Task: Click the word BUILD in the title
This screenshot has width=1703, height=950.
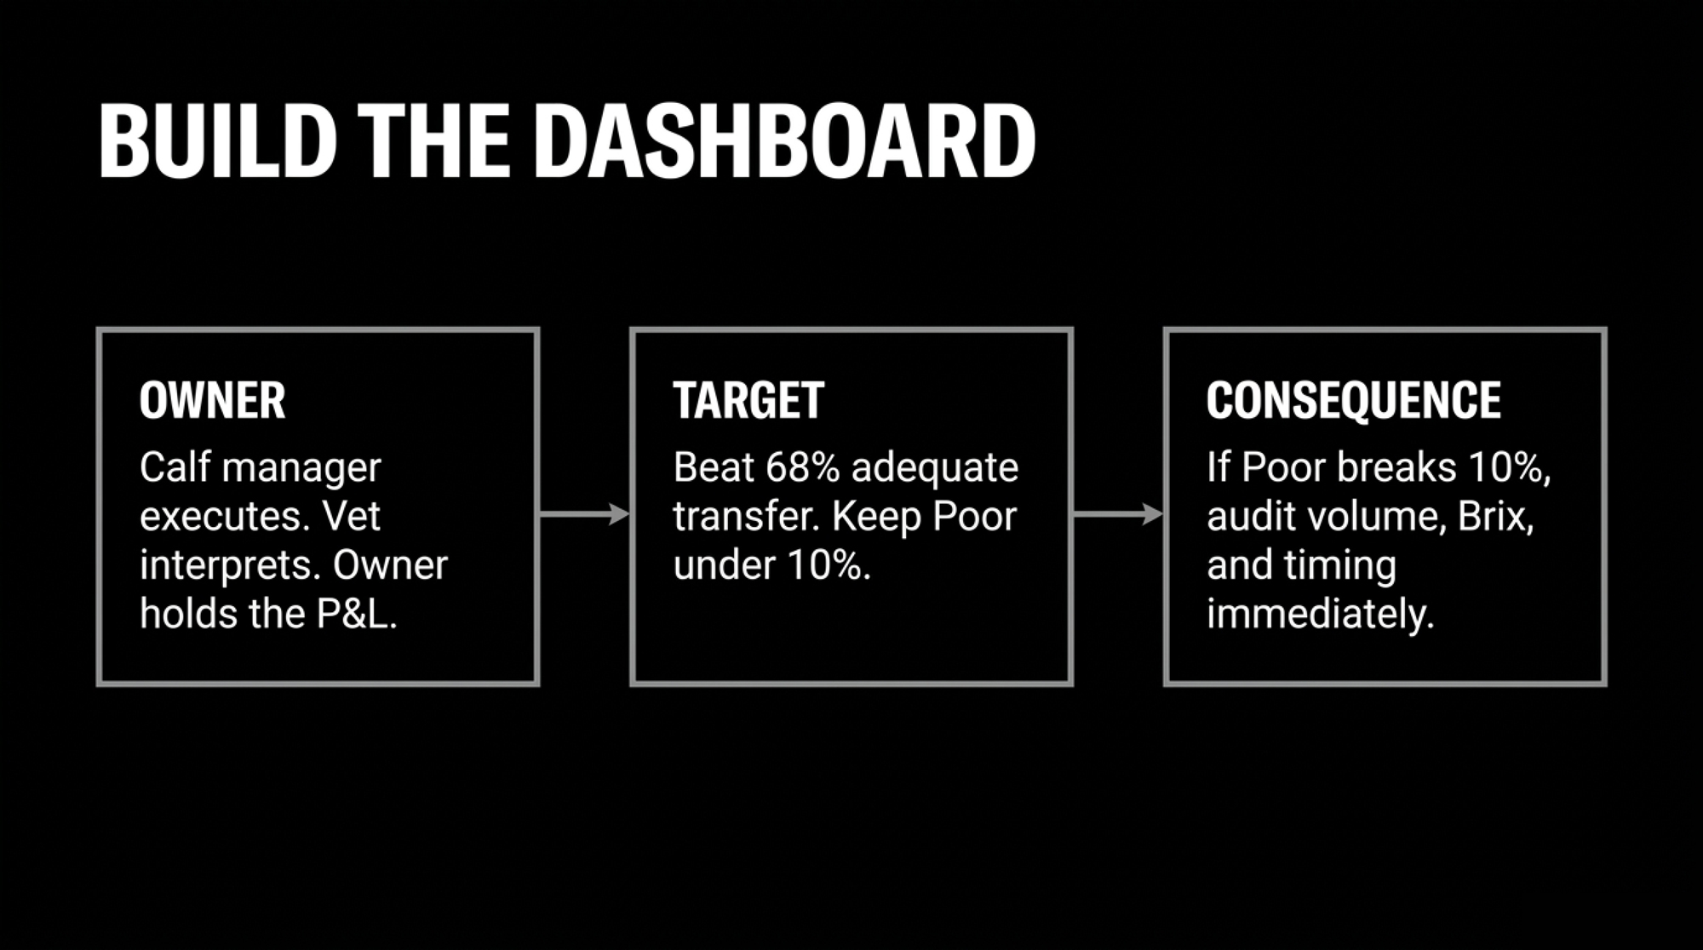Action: pos(218,140)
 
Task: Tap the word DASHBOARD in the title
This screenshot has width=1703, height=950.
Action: pos(784,140)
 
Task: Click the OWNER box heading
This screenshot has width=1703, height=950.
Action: pos(212,400)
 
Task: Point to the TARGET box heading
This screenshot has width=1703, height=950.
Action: pos(748,400)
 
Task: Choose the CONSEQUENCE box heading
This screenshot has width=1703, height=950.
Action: pos(1353,400)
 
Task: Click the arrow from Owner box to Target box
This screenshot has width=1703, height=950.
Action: pos(584,514)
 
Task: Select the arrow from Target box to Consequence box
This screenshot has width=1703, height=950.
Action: pos(1118,514)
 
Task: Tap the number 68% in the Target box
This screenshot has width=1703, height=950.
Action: pos(803,467)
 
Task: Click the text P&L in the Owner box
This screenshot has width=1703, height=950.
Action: pos(357,614)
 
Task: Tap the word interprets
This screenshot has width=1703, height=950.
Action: pos(230,565)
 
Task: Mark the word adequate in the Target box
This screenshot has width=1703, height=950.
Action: pos(935,468)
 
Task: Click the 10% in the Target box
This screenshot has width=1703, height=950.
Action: pos(829,565)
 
